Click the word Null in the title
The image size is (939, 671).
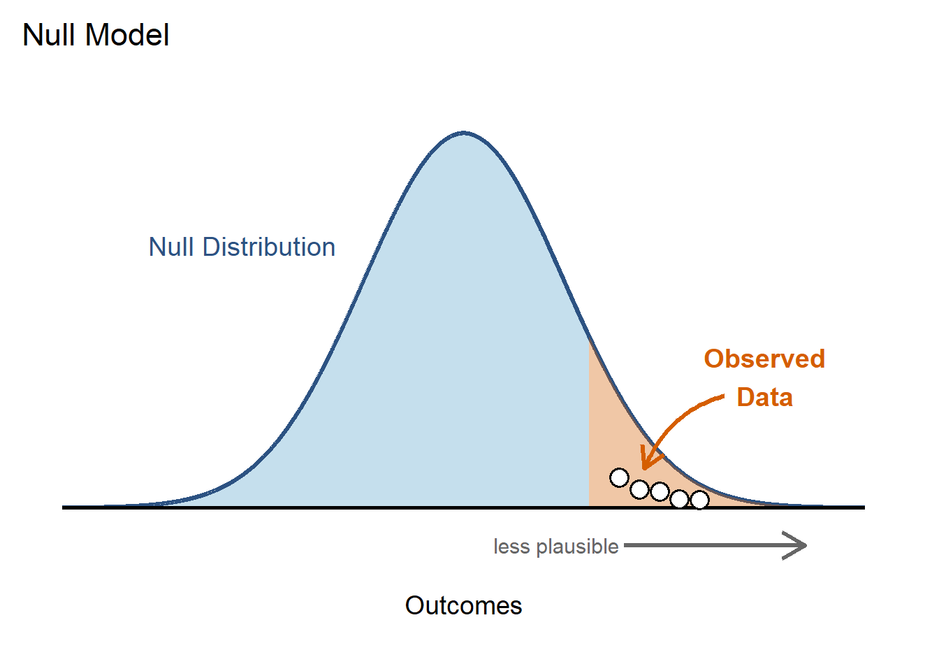[47, 35]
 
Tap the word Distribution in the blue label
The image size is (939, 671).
[269, 247]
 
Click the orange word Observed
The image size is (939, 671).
[764, 359]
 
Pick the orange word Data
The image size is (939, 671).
[764, 398]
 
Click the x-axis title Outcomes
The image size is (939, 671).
[463, 605]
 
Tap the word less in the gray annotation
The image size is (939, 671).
[511, 547]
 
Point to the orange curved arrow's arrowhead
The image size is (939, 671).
[646, 463]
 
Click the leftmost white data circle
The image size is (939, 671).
[619, 478]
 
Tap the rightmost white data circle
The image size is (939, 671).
[699, 500]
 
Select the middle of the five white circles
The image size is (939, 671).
[660, 492]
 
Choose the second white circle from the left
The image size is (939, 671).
[639, 489]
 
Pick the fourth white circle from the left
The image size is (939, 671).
[679, 499]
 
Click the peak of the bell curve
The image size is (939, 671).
[464, 132]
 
